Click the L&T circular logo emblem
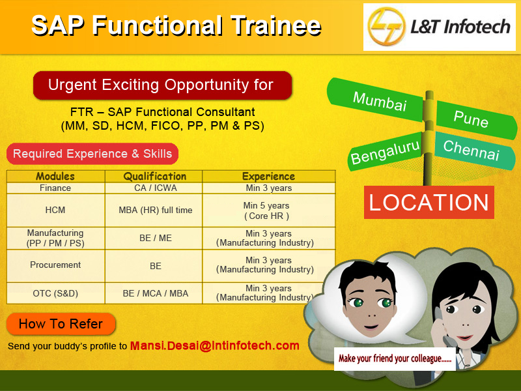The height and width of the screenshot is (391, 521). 387,26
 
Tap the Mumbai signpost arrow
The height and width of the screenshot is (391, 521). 375,100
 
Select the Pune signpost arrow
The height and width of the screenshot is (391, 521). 476,119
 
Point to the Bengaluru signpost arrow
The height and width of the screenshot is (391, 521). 385,152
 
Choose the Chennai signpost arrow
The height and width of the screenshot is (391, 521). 475,151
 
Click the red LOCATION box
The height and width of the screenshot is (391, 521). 429,202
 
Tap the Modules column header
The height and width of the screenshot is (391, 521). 55,176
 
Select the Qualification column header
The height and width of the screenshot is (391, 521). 155,176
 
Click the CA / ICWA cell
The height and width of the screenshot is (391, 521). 155,188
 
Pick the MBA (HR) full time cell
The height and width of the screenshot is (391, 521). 155,210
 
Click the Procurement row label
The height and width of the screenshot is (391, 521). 55,265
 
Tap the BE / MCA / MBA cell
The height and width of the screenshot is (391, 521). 155,293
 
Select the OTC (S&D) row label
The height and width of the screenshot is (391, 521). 55,293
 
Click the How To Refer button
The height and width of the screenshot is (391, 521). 61,324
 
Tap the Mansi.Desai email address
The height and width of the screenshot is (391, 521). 215,346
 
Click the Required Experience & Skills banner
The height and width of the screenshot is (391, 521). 92,154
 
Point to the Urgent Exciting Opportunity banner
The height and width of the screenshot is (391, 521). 162,85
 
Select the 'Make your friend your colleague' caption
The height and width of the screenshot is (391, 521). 395,358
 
